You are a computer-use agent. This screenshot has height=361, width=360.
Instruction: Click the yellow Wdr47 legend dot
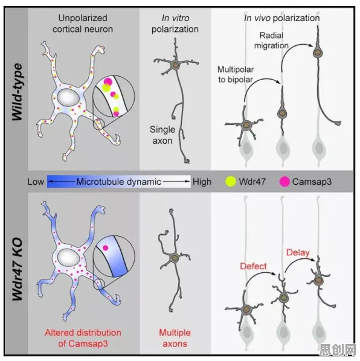[x=231, y=182]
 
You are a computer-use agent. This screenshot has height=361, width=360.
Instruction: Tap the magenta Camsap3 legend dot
[x=284, y=182]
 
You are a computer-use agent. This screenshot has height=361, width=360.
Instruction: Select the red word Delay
[x=298, y=252]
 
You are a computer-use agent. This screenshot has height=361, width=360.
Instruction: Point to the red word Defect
[x=253, y=266]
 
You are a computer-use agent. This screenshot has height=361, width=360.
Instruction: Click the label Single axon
[x=162, y=135]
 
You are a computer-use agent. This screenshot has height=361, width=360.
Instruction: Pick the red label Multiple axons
[x=175, y=338]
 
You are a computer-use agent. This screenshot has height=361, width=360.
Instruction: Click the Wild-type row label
[x=18, y=92]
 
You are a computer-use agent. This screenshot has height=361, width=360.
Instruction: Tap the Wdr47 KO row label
[x=18, y=269]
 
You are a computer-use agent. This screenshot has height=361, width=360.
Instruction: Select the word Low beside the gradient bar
[x=36, y=182]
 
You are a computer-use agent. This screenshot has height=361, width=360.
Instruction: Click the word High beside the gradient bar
[x=202, y=182]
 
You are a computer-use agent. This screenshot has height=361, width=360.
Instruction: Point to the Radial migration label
[x=271, y=40]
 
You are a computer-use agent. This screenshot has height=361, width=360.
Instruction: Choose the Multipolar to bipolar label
[x=236, y=74]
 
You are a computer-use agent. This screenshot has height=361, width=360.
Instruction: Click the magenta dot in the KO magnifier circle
[x=105, y=248]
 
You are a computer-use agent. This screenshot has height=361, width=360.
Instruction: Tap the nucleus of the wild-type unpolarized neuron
[x=68, y=97]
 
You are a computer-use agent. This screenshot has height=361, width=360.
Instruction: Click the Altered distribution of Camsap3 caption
[x=83, y=338]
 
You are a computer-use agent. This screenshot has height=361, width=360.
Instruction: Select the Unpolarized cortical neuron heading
[x=83, y=24]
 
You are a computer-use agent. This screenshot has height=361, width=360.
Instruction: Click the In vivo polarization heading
[x=281, y=18]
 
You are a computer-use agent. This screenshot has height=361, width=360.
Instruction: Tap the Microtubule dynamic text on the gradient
[x=118, y=182]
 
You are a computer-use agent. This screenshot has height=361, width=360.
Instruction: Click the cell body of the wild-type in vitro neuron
[x=176, y=65]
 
